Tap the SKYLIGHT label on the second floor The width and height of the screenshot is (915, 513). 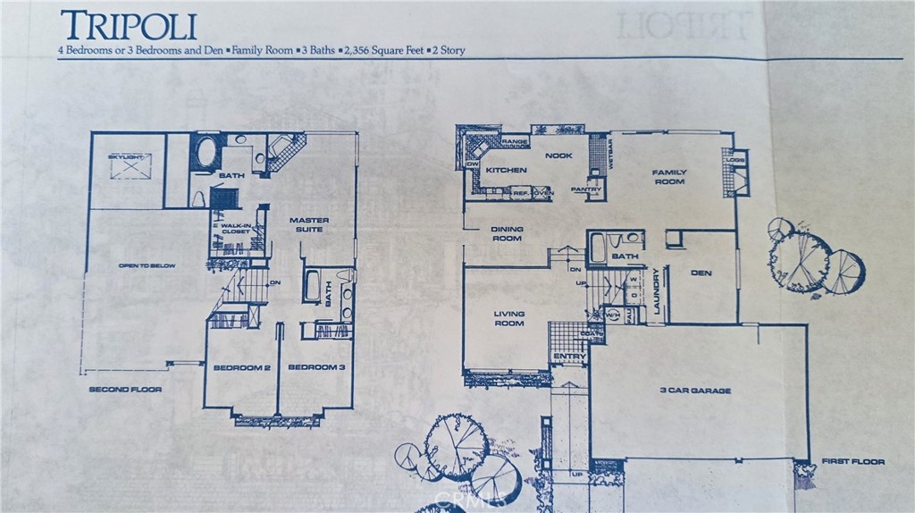tap(125, 157)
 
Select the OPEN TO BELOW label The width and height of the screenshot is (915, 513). tap(147, 265)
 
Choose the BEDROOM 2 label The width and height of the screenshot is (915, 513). tap(241, 367)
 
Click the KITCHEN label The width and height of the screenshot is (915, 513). tap(507, 170)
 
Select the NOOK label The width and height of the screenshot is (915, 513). tap(558, 155)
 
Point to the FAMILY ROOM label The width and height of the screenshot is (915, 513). tap(668, 176)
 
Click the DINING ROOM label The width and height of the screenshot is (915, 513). tap(507, 234)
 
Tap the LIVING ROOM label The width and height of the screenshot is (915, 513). tap(509, 319)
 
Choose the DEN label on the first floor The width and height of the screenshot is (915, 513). tap(701, 273)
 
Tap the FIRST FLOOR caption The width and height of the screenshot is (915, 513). tap(852, 462)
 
